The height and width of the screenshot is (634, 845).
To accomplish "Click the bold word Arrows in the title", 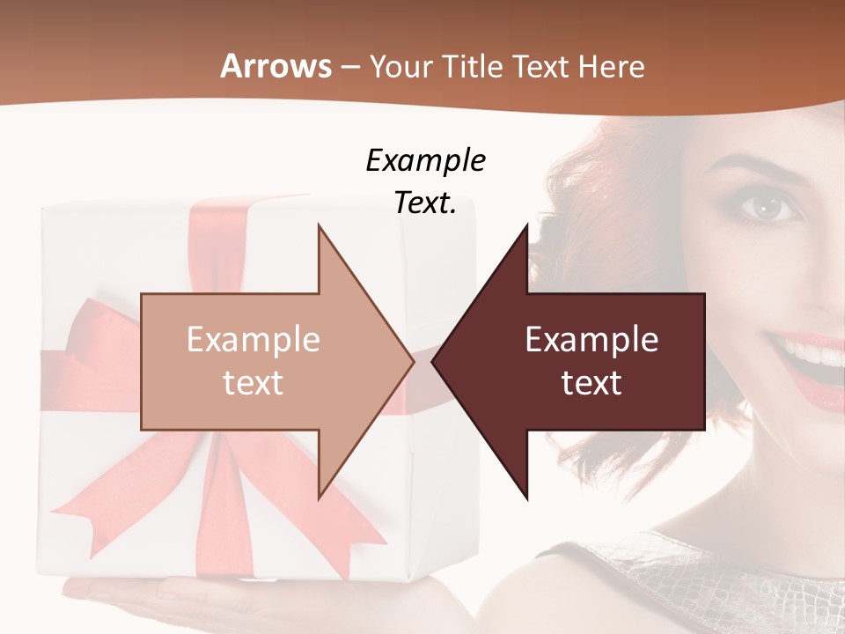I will coord(276,66).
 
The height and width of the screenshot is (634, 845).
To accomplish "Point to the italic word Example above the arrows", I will coord(425,161).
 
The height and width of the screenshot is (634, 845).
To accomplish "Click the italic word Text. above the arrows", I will coord(425,203).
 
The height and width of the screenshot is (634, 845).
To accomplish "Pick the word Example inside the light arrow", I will coord(253,340).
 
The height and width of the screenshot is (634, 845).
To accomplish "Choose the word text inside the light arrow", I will coord(253,383).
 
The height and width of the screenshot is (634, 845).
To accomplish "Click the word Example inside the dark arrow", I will coord(591,340).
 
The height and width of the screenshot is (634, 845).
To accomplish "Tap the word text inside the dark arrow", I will coord(591,383).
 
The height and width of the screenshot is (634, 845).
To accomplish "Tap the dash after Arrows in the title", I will coord(349,66).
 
